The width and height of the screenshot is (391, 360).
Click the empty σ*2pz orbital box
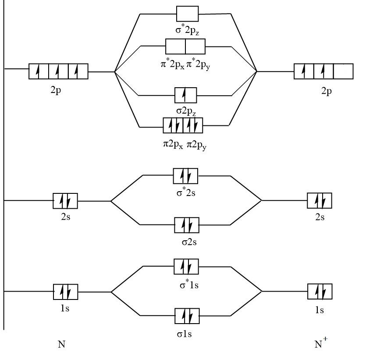pos(187,14)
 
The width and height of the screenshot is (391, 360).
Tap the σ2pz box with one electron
pos(185,95)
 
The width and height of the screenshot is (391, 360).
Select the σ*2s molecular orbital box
pos(185,176)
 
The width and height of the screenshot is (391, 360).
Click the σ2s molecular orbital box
pos(187,225)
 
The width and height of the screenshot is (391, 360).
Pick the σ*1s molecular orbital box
pos(186,266)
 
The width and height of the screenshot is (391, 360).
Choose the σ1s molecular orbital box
pos(187,316)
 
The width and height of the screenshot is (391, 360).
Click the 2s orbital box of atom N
pos(65,201)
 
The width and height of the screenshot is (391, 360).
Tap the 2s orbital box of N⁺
pos(319,201)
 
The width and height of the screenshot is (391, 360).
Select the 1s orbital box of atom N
pos(65,292)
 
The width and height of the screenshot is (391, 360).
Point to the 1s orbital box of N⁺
pos(320,292)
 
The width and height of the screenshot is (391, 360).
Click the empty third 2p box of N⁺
pos(343,71)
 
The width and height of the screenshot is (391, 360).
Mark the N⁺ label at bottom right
pos(321,343)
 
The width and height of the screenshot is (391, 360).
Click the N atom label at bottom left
pos(61,344)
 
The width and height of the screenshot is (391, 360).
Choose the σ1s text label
pos(185,334)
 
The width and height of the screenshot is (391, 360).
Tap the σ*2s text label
pos(186,192)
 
